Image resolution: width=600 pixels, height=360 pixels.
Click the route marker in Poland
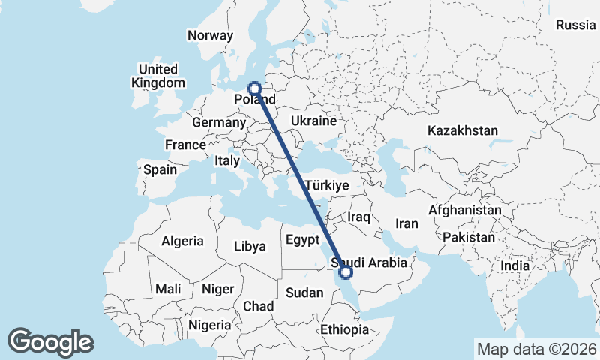(255, 88)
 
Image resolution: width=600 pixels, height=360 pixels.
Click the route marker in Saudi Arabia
(346, 272)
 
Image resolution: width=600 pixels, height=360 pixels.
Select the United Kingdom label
(157, 76)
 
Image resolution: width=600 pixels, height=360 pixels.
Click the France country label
(185, 145)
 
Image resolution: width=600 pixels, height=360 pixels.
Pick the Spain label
(160, 169)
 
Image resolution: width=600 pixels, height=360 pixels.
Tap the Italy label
(227, 160)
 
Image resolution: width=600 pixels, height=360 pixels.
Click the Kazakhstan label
(463, 130)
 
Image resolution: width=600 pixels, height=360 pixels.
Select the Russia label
(575, 25)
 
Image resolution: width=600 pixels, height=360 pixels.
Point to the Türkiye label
(327, 185)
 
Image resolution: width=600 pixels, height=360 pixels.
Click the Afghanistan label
(464, 211)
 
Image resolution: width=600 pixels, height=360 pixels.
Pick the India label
(515, 265)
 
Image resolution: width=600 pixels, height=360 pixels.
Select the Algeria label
(182, 241)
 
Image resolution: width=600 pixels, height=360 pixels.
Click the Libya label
(250, 246)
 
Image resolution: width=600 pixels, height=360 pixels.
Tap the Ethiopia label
(344, 329)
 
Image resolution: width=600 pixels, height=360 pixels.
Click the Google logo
(50, 342)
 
